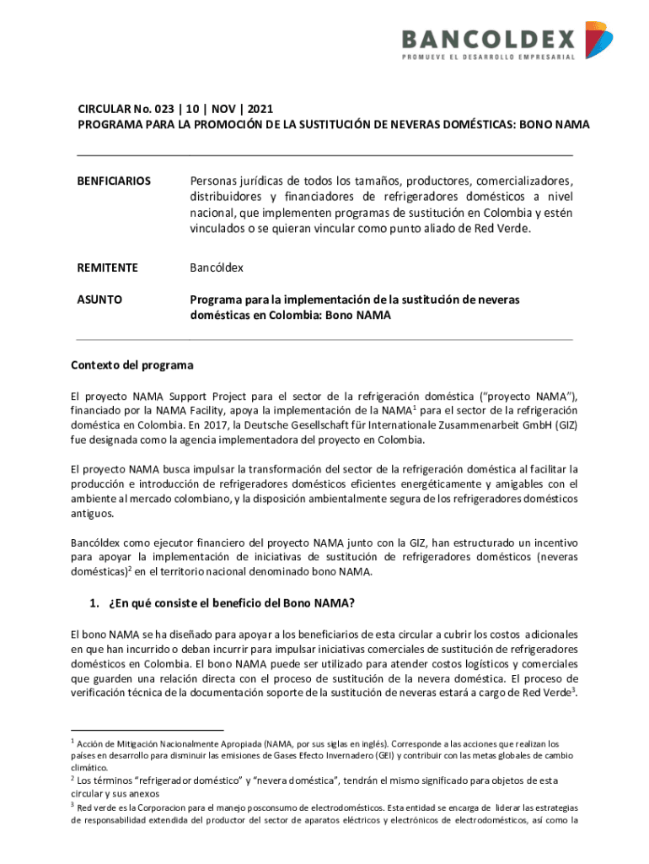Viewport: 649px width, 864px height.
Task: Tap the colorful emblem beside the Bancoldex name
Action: pos(598,40)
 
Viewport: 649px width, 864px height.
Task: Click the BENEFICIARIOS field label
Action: pos(114,181)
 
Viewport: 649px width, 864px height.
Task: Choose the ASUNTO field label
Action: pos(99,299)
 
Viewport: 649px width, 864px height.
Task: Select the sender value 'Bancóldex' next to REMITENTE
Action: pos(216,267)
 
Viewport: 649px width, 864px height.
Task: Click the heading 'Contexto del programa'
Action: pos(131,365)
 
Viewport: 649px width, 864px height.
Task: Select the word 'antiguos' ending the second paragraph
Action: pos(92,514)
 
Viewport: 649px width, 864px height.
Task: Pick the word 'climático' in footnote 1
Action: pos(88,768)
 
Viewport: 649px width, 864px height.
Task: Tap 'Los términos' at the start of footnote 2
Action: pos(105,781)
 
